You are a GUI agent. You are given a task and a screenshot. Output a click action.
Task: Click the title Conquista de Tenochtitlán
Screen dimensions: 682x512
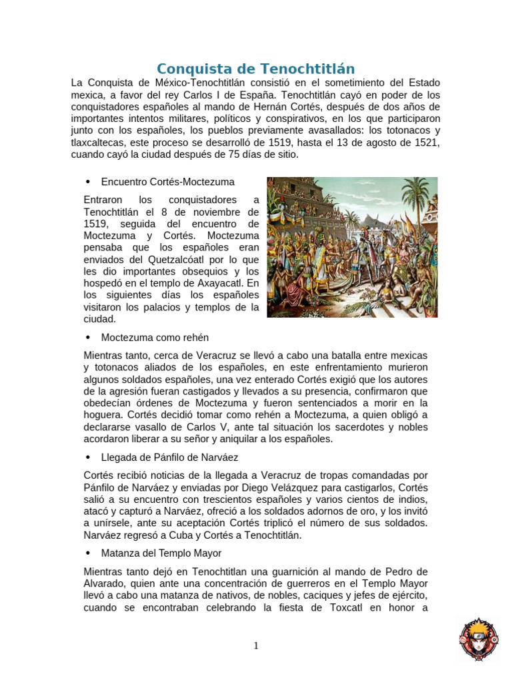click(255, 69)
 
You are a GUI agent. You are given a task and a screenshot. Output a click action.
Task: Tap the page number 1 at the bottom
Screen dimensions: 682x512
click(255, 645)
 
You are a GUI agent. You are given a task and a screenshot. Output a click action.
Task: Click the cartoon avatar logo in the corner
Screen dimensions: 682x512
click(477, 639)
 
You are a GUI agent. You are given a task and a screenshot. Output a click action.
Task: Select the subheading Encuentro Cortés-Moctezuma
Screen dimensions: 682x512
click(167, 181)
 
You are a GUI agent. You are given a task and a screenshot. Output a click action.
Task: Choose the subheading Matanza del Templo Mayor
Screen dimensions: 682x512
click(161, 553)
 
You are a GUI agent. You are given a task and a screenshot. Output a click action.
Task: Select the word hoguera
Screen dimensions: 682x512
click(105, 415)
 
